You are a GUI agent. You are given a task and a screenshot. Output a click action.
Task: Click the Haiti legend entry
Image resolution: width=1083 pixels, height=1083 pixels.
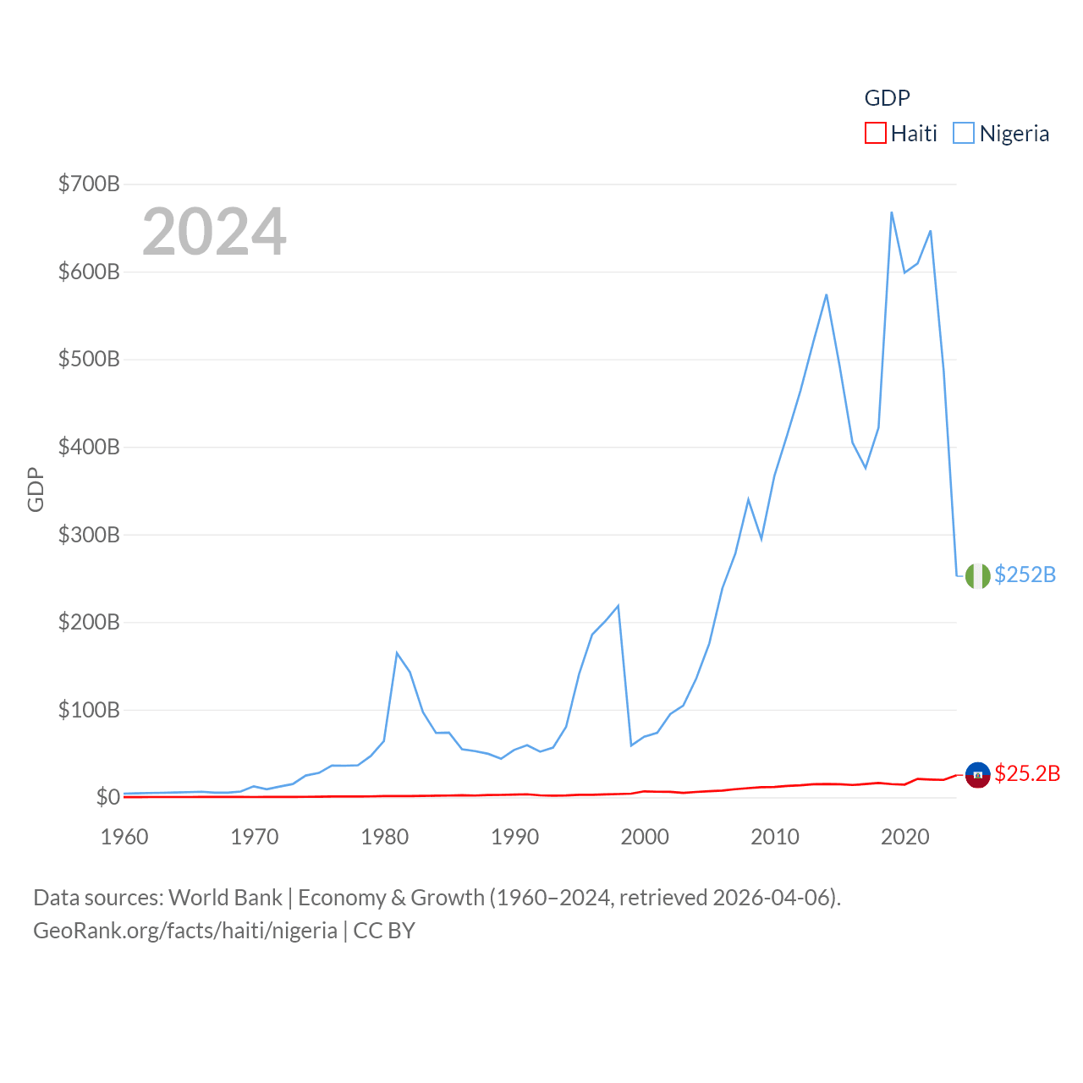click(901, 134)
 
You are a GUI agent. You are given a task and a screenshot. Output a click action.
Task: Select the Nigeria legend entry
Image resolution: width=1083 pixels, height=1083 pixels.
click(1002, 134)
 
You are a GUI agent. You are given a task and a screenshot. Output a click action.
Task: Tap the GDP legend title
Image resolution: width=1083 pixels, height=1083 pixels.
click(887, 98)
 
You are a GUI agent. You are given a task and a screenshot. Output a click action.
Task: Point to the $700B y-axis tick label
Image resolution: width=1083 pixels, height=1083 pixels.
click(89, 184)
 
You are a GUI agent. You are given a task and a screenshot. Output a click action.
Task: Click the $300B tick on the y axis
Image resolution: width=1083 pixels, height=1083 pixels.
click(89, 535)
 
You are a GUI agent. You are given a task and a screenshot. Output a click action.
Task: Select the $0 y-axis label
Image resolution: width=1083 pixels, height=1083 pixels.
click(107, 797)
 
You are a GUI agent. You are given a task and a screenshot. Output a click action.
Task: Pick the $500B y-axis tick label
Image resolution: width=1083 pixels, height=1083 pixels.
click(89, 359)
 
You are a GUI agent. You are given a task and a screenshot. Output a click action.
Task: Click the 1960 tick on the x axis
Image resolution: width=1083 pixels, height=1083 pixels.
click(124, 837)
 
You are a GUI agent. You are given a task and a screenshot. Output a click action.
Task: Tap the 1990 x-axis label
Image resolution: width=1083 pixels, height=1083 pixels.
click(514, 837)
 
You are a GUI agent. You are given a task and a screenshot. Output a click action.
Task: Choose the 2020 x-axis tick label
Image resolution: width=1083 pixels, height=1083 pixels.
click(904, 837)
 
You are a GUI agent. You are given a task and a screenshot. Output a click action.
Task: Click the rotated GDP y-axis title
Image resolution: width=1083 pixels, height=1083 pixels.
click(36, 489)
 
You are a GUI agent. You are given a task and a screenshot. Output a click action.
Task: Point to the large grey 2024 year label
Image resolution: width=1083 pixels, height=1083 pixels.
click(214, 232)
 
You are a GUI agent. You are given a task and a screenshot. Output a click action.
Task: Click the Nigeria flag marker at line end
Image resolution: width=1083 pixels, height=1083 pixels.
click(977, 575)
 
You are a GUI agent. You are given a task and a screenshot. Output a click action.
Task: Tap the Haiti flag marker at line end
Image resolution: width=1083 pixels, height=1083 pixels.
click(977, 774)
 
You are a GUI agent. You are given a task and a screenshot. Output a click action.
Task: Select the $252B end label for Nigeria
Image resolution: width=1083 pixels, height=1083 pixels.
click(1025, 574)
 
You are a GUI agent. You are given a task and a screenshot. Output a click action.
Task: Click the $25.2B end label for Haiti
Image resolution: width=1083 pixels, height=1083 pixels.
click(1027, 773)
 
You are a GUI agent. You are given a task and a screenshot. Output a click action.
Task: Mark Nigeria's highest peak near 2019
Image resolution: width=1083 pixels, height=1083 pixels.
click(892, 212)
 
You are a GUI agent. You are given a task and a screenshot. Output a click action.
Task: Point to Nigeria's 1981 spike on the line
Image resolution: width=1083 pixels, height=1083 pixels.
click(397, 652)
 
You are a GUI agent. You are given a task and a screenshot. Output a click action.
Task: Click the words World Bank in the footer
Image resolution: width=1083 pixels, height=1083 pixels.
click(225, 897)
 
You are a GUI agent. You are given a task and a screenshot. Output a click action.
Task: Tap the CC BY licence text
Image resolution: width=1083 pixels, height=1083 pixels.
click(384, 931)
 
